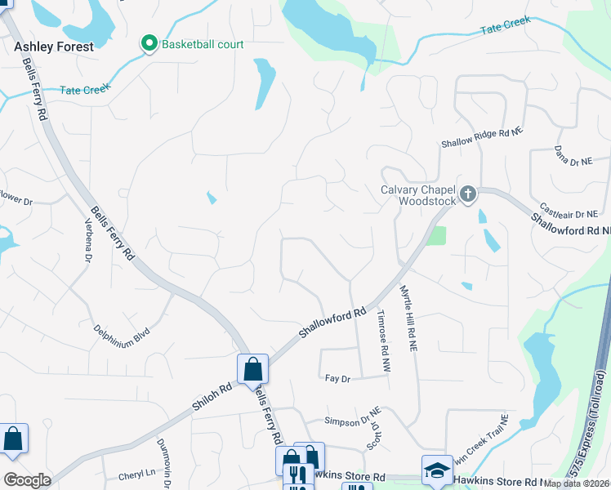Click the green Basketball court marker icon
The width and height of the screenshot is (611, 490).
coord(149,43)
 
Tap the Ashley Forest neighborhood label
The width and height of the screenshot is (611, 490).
coord(54,47)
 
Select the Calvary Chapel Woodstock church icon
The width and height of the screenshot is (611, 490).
coord(467,194)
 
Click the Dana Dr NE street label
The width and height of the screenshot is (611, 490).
coord(573,156)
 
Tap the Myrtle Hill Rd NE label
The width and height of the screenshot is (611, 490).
coord(408,318)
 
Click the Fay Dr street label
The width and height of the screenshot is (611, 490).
coord(337,379)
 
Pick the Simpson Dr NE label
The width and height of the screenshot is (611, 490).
coord(353,421)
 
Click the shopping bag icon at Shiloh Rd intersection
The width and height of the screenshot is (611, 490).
coord(252,367)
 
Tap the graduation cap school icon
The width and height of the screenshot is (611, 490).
coord(437,469)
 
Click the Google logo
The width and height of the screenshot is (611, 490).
coord(26,480)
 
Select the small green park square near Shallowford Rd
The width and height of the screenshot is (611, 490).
coord(437,236)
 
